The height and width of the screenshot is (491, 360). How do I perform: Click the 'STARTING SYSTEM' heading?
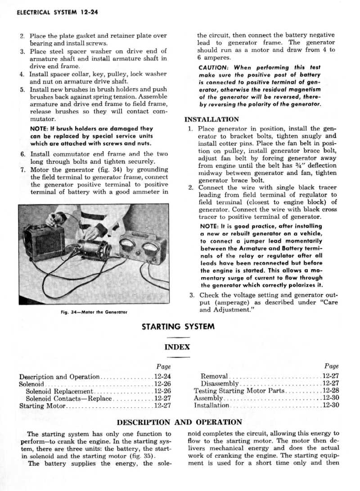178,326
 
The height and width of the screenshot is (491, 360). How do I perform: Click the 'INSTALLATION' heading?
211,120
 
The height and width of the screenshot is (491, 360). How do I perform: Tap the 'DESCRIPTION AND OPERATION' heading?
179,423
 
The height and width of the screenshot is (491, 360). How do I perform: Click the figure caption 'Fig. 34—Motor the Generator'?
94,311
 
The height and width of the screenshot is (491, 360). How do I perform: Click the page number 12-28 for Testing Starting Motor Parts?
331,391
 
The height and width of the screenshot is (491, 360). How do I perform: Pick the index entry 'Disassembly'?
220,383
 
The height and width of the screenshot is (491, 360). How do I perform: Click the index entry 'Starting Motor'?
43,406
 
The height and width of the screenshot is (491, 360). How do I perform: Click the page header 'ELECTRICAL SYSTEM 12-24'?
57,12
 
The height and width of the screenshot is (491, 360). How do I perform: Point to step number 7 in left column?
22,170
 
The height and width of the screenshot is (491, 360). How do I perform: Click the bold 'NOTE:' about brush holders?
39,129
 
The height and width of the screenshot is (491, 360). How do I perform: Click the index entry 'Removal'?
214,376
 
